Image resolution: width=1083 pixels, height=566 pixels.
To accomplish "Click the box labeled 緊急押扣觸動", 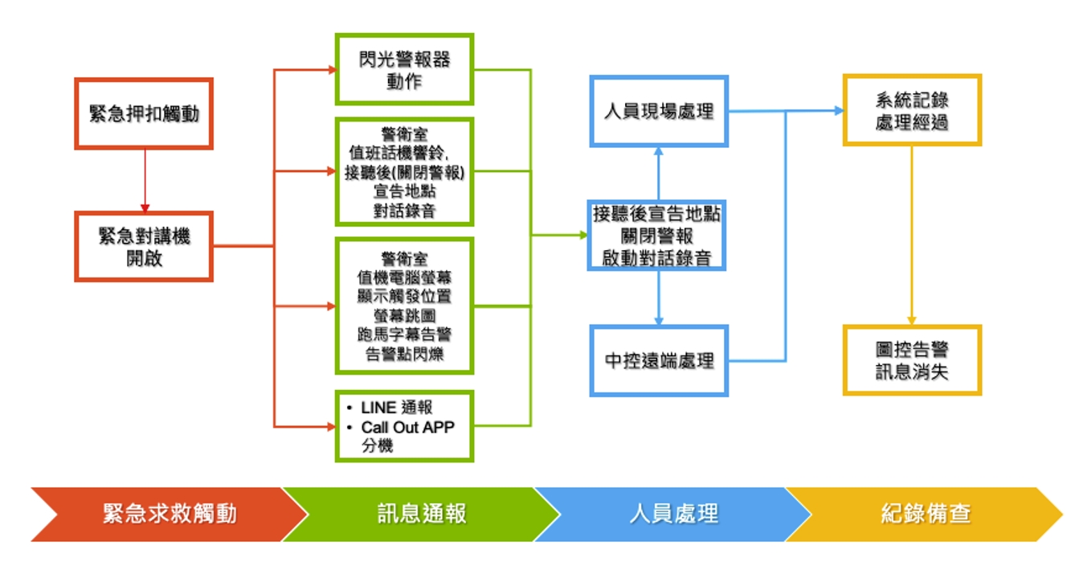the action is [144, 113].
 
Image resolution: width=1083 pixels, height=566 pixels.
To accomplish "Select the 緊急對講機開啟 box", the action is [144, 246].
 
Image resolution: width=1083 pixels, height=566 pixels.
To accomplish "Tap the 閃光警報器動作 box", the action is [404, 69].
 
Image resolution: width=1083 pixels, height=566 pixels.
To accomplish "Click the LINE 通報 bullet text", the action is [396, 408].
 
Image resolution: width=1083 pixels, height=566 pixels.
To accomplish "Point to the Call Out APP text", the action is [407, 427].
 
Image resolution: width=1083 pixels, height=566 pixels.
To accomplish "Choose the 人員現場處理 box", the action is [659, 111].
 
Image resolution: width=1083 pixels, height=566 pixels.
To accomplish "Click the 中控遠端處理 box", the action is [659, 361].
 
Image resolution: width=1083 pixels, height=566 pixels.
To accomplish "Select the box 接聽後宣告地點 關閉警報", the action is [656, 235].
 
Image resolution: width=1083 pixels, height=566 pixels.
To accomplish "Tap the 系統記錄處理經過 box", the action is [913, 110].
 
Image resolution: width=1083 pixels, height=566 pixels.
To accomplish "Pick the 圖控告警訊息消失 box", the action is [913, 360].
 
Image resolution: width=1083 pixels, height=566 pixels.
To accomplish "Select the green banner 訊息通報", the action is [422, 514].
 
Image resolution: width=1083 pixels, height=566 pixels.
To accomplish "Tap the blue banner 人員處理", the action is [673, 514].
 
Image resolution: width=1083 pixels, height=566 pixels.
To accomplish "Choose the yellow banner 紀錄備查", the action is [925, 514].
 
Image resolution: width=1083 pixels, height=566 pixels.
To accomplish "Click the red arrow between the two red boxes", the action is [145, 181].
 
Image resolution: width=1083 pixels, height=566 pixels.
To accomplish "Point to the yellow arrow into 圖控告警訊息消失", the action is [912, 236].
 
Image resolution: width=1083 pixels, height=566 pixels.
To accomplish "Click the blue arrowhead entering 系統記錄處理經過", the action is [840, 111].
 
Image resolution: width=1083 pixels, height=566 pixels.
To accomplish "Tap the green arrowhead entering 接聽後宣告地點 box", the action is [583, 235].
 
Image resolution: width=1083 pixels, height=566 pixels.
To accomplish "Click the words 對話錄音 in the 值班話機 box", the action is [404, 211].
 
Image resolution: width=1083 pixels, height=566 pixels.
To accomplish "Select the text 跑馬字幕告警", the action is [404, 334].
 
